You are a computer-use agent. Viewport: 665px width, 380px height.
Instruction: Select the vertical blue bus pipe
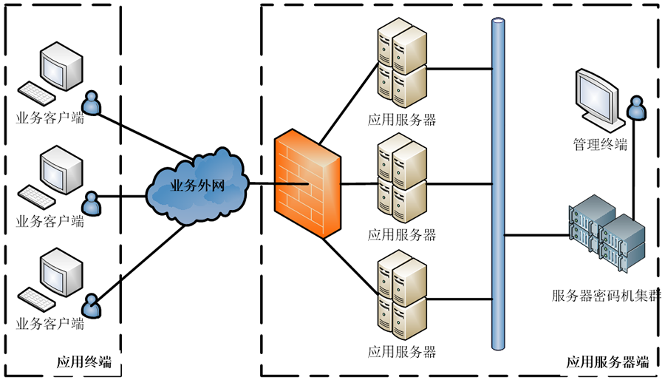498,185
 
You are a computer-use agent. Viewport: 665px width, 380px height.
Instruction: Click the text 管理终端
600,145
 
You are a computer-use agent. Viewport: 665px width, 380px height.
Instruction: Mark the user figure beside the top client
91,101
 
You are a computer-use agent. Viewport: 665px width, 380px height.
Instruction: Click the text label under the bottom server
402,351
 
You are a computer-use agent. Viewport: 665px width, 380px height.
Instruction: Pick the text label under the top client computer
50,118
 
